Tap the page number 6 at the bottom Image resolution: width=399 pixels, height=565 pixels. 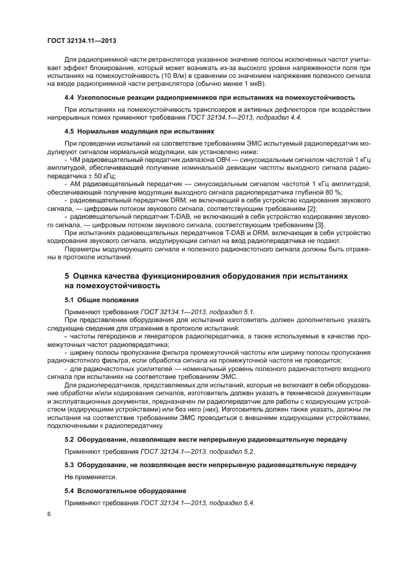[x=49, y=514]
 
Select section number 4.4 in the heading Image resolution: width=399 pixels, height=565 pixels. [x=70, y=97]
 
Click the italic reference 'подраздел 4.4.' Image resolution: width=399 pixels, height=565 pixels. [x=275, y=117]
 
